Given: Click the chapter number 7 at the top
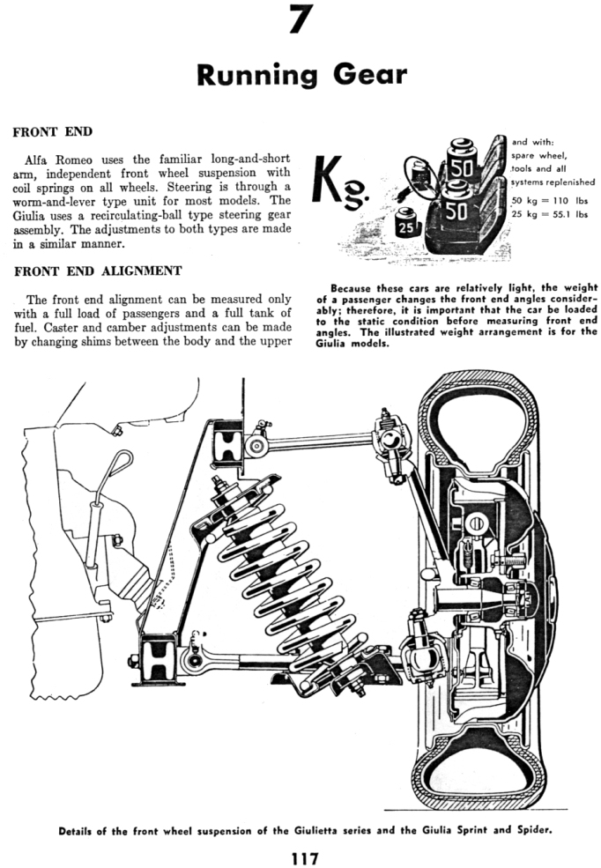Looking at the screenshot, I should click(301, 19).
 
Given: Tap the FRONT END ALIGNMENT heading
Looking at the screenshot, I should click(98, 271).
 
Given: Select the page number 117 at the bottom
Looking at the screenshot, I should click(300, 857).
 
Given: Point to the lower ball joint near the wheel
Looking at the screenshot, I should click(417, 650).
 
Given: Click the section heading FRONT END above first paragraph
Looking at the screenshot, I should click(52, 132).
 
